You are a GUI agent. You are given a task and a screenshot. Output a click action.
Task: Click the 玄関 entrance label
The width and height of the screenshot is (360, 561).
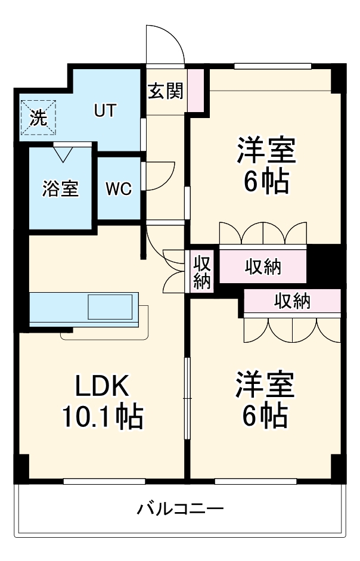click(166, 91)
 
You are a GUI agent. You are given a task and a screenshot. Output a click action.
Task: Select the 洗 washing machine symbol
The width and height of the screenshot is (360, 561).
click(38, 117)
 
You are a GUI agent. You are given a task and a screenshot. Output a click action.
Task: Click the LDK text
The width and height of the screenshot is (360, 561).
click(101, 388)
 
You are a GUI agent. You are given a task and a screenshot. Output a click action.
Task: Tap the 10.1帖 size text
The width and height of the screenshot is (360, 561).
click(103, 417)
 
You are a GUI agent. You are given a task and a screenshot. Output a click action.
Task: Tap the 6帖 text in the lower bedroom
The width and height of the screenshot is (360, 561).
click(265, 415)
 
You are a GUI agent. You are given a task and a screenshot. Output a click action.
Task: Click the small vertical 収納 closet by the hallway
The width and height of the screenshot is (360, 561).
click(201, 272)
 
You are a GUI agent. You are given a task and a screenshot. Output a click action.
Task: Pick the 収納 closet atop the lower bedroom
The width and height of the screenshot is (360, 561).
click(292, 301)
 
